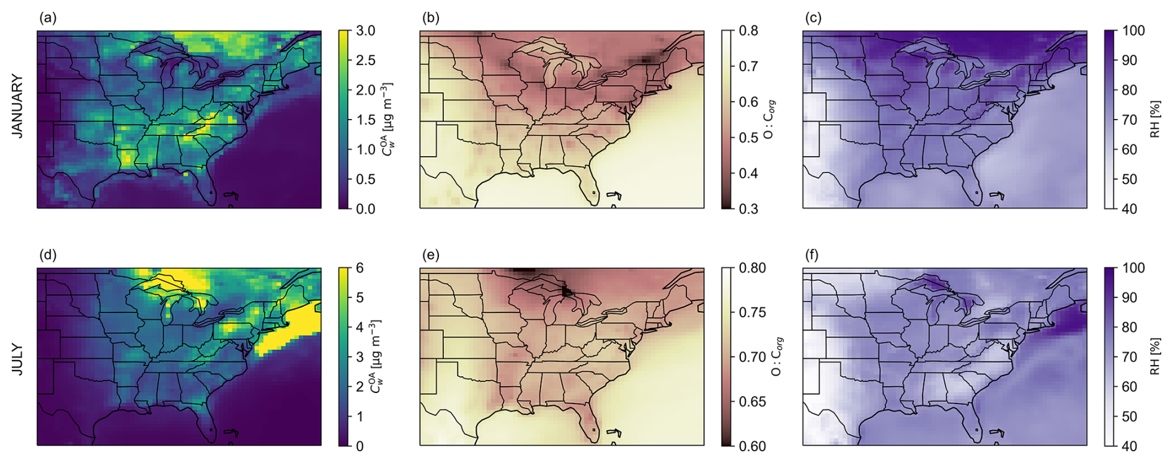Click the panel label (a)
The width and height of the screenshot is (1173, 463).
48,18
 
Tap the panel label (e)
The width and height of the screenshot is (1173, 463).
430,255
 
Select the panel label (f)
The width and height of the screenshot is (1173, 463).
812,255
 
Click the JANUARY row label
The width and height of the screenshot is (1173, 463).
17,106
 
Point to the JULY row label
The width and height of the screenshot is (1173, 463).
17,359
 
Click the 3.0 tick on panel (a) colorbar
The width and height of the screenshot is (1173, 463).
365,31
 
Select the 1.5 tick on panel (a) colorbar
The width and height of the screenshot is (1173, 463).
365,120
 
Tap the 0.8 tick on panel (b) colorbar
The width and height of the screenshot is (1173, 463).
748,31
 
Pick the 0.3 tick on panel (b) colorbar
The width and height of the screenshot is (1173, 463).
748,209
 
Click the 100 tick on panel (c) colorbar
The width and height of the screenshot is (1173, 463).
1133,31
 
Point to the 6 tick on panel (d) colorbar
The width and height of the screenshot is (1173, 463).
360,268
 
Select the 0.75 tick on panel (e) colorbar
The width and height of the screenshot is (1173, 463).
752,312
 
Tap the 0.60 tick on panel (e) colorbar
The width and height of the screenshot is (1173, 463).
752,446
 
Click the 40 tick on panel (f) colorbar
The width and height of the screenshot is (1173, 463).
1130,446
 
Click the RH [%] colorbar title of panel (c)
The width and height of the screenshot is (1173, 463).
1155,119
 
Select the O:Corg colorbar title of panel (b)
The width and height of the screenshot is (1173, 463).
769,119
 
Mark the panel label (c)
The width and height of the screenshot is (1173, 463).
812,18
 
